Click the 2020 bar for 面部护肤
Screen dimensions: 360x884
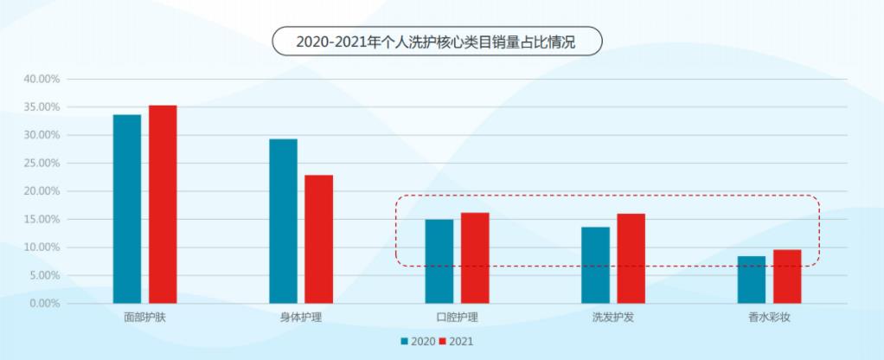pyautogui.click(x=127, y=209)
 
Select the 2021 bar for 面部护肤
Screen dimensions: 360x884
pyautogui.click(x=163, y=204)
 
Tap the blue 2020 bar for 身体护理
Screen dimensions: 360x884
pyautogui.click(x=283, y=221)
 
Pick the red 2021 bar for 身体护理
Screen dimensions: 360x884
pyautogui.click(x=318, y=239)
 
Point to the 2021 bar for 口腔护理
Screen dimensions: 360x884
pyautogui.click(x=475, y=258)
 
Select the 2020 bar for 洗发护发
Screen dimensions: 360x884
pyautogui.click(x=595, y=265)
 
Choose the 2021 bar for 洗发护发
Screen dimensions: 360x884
pyautogui.click(x=631, y=259)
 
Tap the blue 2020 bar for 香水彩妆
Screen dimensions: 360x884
pyautogui.click(x=752, y=280)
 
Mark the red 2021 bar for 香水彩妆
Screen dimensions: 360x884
pyautogui.click(x=787, y=276)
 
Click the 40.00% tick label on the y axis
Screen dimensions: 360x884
pyautogui.click(x=41, y=79)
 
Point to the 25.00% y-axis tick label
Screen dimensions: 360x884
pyautogui.click(x=41, y=163)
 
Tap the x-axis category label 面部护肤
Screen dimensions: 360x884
pyautogui.click(x=144, y=318)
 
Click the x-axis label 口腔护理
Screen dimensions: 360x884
pyautogui.click(x=457, y=318)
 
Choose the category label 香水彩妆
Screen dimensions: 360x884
pyautogui.click(x=769, y=318)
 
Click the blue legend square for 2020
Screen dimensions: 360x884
pyautogui.click(x=405, y=341)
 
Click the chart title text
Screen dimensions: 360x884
pyautogui.click(x=435, y=41)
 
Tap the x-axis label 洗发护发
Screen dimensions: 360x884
pyautogui.click(x=613, y=318)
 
